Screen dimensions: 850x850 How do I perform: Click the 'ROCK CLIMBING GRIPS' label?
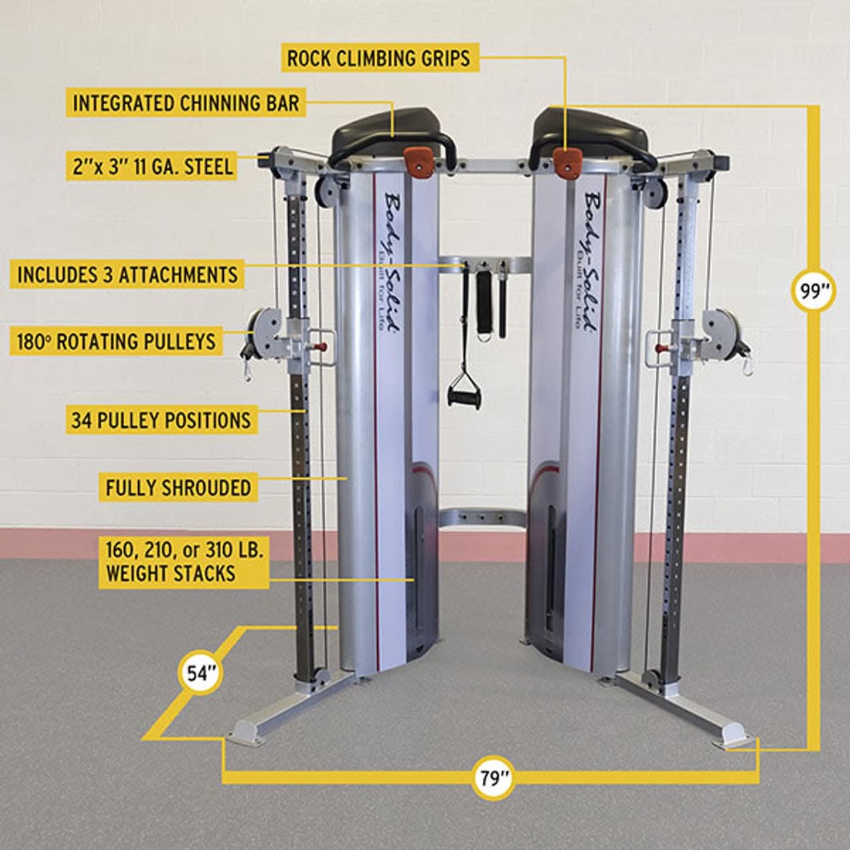pos(378,58)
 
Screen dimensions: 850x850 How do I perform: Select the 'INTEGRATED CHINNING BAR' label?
pos(186,104)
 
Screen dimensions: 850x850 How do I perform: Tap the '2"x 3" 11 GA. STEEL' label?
pos(153,165)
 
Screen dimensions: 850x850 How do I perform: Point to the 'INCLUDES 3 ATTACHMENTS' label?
pos(127,274)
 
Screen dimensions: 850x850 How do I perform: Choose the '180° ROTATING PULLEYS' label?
pos(117,341)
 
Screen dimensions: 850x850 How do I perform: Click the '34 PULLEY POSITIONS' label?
pos(161,420)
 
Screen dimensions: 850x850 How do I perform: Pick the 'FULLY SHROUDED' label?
pos(178,487)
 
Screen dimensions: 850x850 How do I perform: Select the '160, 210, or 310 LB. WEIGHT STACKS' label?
pos(185,562)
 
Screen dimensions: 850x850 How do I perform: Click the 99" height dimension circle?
pos(811,292)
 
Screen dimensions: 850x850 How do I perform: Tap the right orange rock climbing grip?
pos(566,162)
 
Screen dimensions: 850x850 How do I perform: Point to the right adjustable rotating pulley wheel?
pos(720,329)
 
